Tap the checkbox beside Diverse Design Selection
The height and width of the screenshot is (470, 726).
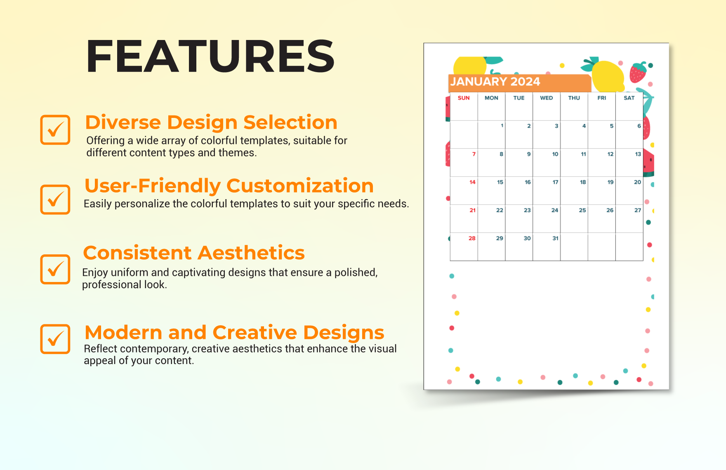[x=55, y=130]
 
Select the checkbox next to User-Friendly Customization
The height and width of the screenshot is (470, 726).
[x=55, y=200]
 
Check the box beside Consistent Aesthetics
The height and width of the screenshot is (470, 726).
[x=55, y=269]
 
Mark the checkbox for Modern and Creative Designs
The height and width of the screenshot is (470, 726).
[x=55, y=339]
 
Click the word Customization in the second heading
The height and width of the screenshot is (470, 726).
[x=300, y=186]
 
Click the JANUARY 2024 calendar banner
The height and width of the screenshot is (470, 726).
[x=495, y=82]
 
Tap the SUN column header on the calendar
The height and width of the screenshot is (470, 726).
[x=464, y=98]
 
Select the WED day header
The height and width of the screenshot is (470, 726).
[x=547, y=98]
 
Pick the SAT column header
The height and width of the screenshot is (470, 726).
[x=629, y=98]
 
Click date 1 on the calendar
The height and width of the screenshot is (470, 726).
[x=502, y=126]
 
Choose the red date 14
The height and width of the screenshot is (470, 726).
[x=472, y=182]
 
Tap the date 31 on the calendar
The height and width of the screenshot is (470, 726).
[x=555, y=238]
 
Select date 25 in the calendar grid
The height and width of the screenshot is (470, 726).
[x=582, y=210]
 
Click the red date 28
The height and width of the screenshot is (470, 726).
[x=472, y=238]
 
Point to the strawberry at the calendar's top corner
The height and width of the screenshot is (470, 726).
[x=638, y=73]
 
